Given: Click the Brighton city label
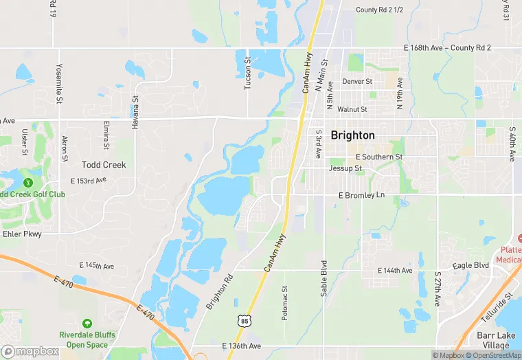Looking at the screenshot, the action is point(352,135).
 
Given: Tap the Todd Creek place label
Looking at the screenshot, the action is point(104,165).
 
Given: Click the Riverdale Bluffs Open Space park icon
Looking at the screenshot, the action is point(87,324).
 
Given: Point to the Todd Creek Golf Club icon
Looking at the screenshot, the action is point(27,183).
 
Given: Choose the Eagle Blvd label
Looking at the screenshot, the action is point(470,265).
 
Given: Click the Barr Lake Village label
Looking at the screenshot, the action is point(499,340).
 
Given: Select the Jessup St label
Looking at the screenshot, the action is point(345,168).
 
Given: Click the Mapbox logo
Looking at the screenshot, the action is point(30,351).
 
